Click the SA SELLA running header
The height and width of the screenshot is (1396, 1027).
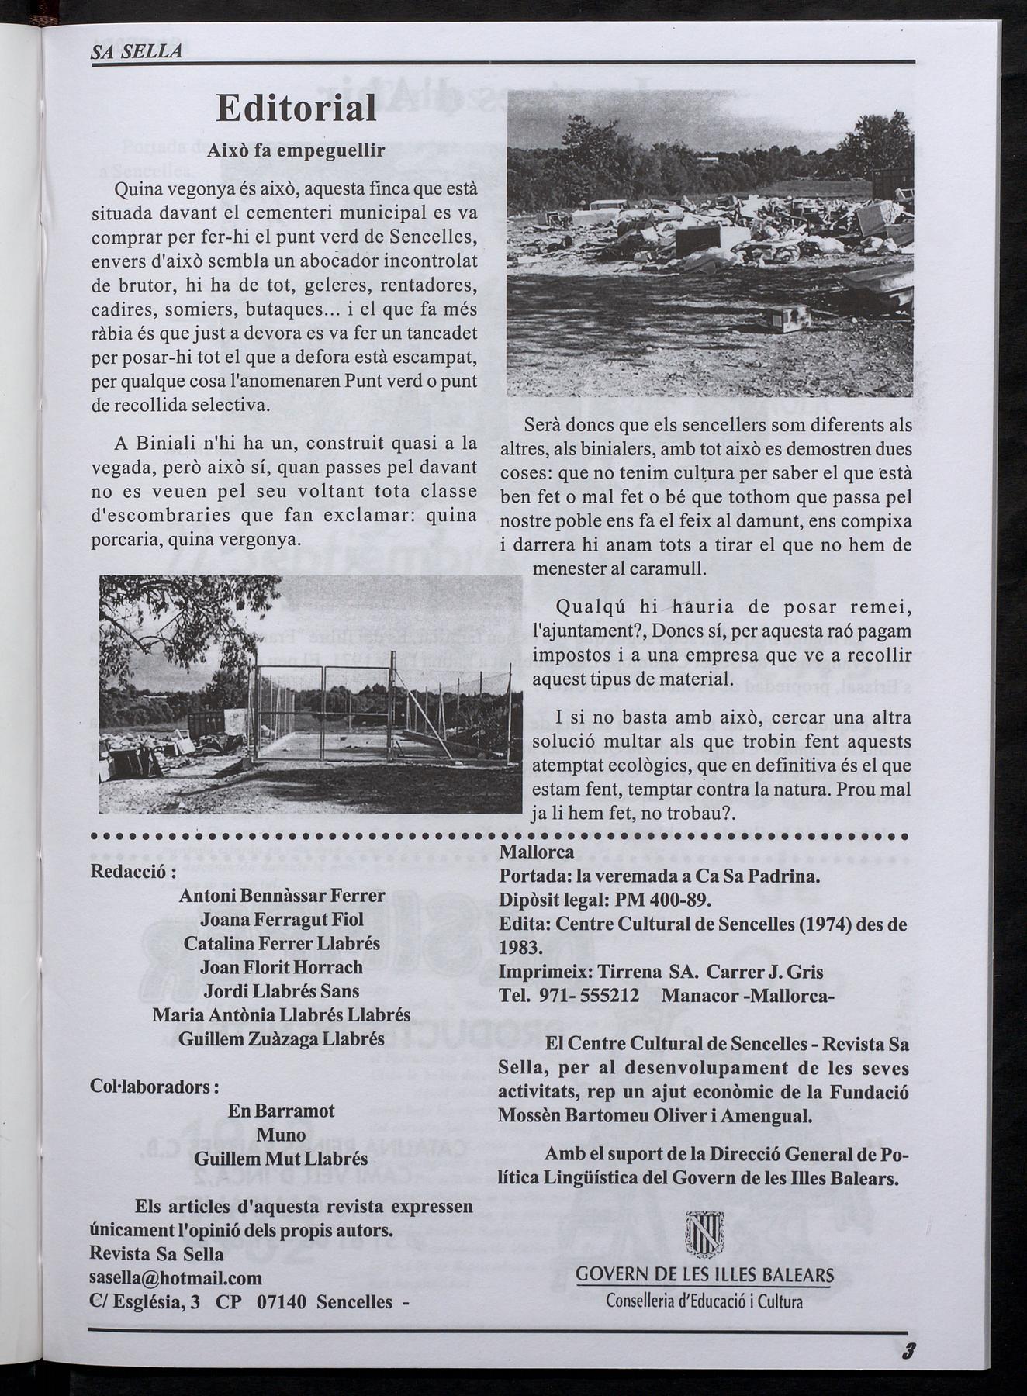pos(137,52)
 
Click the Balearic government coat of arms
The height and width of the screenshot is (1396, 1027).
pos(705,1235)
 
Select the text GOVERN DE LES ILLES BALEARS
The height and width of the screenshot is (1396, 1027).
pos(705,1275)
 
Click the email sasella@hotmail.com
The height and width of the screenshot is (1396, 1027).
pos(176,1277)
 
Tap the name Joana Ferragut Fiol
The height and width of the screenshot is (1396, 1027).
pos(282,920)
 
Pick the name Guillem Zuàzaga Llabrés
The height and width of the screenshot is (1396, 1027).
pos(282,1039)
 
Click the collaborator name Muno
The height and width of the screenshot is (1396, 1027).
pos(280,1135)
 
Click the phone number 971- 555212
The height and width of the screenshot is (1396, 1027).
pos(589,996)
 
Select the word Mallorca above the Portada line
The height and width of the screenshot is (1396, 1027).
pos(537,852)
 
